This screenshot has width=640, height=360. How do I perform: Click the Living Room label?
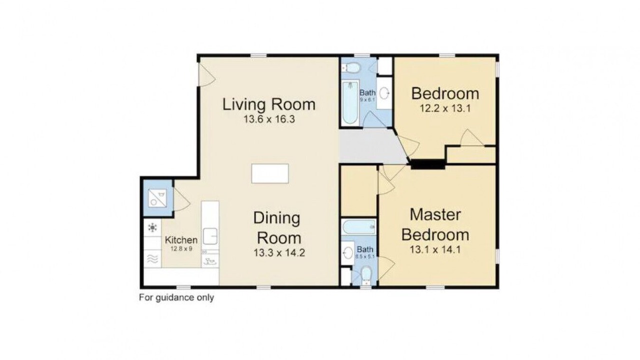pos(269,104)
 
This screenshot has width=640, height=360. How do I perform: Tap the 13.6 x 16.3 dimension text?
pos(269,119)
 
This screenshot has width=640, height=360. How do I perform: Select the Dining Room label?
pos(277,227)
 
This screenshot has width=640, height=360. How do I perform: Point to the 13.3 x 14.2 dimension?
pos(279,252)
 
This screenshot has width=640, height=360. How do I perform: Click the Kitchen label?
pos(181,239)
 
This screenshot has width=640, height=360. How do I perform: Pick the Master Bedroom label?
pos(435,224)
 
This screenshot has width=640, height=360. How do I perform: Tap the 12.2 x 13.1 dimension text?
pos(445,108)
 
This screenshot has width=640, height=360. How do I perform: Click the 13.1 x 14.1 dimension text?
pos(435,249)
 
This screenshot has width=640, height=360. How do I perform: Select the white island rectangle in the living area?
pos(270,173)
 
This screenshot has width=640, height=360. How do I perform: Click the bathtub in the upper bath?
pos(350,103)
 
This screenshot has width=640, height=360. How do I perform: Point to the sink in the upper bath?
pos(385,93)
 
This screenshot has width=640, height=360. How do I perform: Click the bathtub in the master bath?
pos(359,227)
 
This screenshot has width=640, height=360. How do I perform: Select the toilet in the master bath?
pos(366,275)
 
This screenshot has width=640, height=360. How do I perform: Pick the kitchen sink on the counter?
pos(210,236)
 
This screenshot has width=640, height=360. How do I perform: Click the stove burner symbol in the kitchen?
pos(152,227)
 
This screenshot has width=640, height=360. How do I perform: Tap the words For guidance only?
pos(176,297)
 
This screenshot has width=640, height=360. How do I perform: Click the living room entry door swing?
pos(207,75)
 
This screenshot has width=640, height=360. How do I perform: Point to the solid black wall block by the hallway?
pos(427,164)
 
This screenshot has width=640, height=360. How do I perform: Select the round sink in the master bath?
pos(348,253)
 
